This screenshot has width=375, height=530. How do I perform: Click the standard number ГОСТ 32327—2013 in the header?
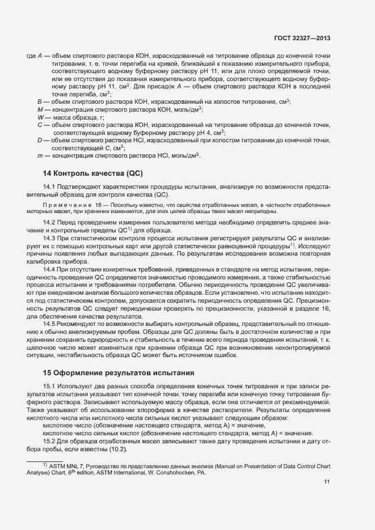click(x=302, y=38)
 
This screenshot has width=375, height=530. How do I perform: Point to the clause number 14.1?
click(x=50, y=186)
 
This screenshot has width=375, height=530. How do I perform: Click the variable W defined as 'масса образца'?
click(x=40, y=117)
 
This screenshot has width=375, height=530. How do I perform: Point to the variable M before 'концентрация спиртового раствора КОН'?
click(x=40, y=109)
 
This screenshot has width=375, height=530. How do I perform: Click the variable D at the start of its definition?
click(x=40, y=140)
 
